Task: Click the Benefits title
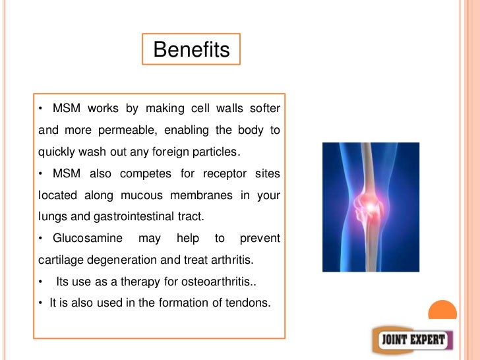[x=191, y=49]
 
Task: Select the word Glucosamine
[x=84, y=238]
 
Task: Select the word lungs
[x=51, y=217]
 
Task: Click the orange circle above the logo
[x=442, y=313]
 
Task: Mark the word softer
[x=265, y=108]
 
